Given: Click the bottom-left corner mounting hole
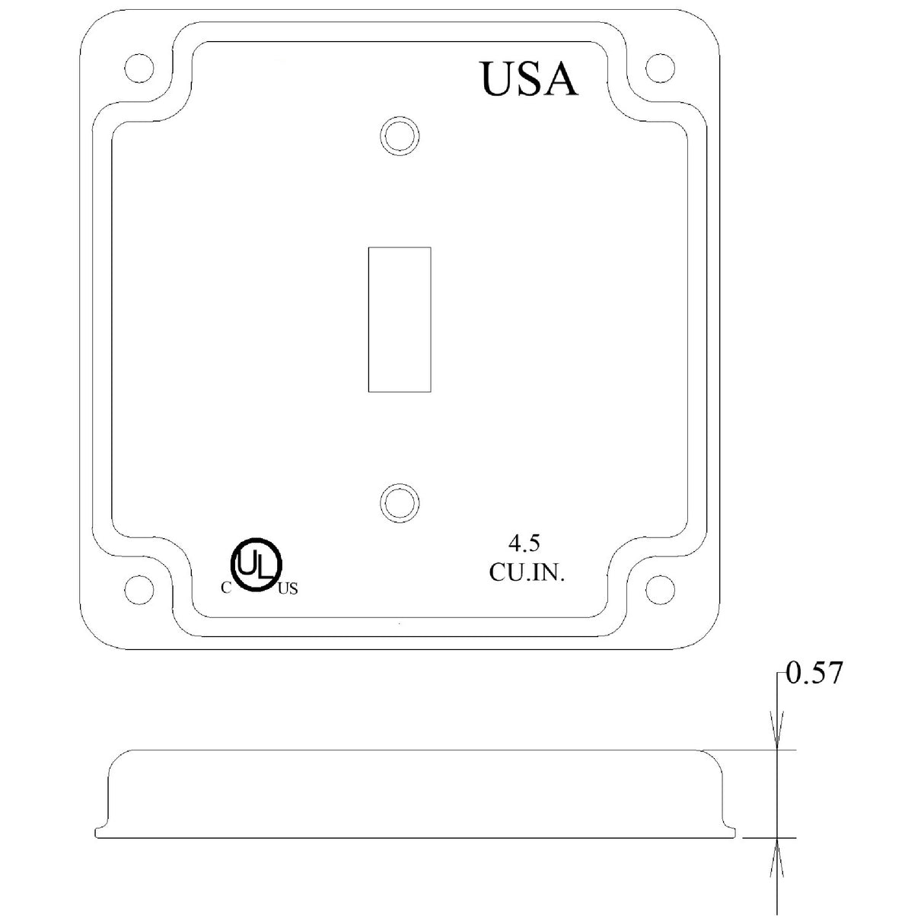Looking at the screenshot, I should [x=138, y=588].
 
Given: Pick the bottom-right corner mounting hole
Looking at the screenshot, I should [x=659, y=588].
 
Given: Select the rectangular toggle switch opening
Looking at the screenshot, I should [x=400, y=320].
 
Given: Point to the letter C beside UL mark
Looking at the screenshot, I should [x=225, y=587].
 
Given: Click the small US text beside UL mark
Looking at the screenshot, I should [x=288, y=588].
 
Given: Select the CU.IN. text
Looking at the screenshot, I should [x=527, y=573].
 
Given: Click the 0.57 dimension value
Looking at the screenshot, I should [x=814, y=674].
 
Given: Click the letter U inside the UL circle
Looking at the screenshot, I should [x=248, y=562].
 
